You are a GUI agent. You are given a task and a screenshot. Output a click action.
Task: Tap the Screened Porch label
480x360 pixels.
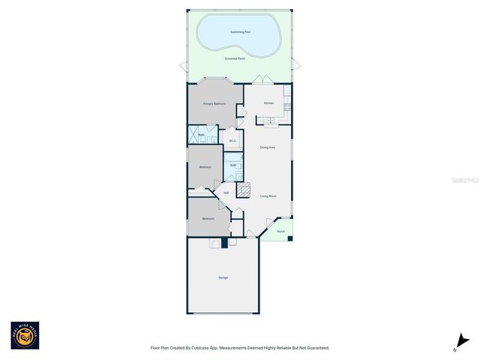[x=235, y=58]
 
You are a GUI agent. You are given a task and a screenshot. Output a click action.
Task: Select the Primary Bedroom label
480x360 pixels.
[x=214, y=103]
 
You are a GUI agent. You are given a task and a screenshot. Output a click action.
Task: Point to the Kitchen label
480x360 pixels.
[x=268, y=103]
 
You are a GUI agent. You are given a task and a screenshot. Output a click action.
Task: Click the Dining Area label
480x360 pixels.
[x=268, y=148]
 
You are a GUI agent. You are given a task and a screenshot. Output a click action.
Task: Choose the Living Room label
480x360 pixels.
[x=268, y=196]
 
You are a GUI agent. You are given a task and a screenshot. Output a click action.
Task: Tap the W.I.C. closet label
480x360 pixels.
[x=233, y=141]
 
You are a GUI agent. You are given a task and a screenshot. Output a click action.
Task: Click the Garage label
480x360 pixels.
[x=223, y=278]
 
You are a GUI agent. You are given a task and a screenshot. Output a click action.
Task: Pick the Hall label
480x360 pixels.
[x=226, y=193]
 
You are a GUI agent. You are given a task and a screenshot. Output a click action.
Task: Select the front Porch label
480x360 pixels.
[x=280, y=232]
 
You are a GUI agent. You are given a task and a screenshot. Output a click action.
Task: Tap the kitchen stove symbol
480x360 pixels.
[x=287, y=106]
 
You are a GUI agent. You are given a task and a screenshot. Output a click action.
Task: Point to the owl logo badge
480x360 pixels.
[x=25, y=335]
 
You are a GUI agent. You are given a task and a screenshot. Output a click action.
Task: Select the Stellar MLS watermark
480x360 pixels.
[x=458, y=181]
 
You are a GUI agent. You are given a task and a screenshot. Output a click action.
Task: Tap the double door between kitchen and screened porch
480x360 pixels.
[x=259, y=79]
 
